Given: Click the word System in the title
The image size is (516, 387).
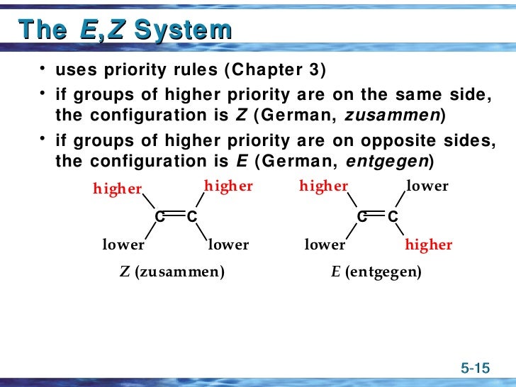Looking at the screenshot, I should coord(183,30).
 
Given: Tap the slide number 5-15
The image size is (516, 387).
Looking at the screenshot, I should coord(475,368).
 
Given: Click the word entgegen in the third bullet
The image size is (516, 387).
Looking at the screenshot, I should coord(387,161).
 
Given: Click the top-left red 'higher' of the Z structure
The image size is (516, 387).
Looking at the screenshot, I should coord(117,189).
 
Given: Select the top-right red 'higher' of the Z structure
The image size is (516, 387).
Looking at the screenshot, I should coord(228,186).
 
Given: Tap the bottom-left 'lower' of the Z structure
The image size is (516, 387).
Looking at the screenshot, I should coord(123,245).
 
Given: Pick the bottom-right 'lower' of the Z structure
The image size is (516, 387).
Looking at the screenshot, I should coord(228,245).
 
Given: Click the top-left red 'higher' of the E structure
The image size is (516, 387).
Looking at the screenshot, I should coord(324,186).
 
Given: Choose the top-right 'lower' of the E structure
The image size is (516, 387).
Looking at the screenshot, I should coord(427,186).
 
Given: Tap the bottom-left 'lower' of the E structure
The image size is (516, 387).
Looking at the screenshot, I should coord(325,245).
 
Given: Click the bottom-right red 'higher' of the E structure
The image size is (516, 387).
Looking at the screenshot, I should coord(428,245).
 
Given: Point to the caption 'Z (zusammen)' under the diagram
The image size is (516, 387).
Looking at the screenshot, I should coord(172,271).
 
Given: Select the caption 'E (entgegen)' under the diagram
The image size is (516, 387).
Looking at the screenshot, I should coord(376,271).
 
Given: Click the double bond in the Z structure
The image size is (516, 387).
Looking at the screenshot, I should coord(176,216).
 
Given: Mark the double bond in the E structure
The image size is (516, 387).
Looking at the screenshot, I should coord(377,216).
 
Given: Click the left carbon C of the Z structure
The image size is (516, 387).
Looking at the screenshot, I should coord(160,217).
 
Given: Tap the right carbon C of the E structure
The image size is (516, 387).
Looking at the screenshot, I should coord(393,217).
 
